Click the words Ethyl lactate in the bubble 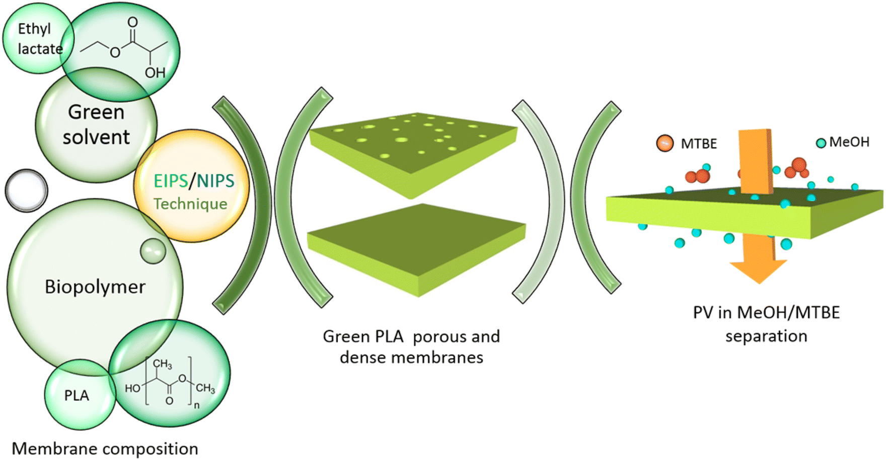pos(39,39)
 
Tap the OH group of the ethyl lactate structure pos(155,73)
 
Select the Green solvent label pos(96,124)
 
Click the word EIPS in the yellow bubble pos(170,181)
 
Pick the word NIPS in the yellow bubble pos(215,181)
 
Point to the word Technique pos(190,204)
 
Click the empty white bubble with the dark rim pos(26,191)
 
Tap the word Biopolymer pos(95,287)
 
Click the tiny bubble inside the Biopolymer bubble pos(153,250)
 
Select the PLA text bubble pos(77,396)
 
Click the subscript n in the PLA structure pos(196,405)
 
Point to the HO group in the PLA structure pos(132,388)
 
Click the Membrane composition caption pos(105,448)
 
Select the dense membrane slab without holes pos(416,246)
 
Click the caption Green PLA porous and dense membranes pos(411,346)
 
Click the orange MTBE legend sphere pos(664,143)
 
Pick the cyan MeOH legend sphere pos(821,143)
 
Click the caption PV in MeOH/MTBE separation pos(766,324)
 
